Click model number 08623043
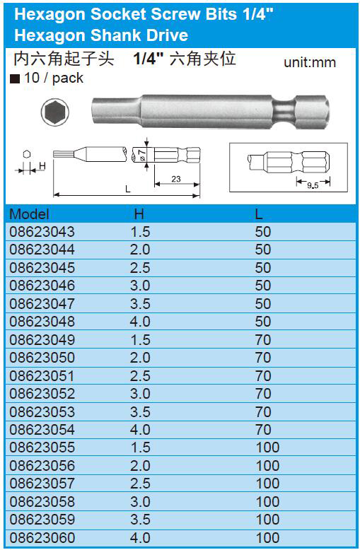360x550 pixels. pyautogui.click(x=42, y=231)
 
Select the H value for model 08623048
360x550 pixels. pyautogui.click(x=140, y=321)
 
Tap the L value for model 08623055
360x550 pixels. pyautogui.click(x=267, y=447)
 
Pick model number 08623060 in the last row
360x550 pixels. pyautogui.click(x=42, y=537)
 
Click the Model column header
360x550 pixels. pyautogui.click(x=29, y=214)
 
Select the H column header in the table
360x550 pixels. pyautogui.click(x=139, y=214)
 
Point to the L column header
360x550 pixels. pyautogui.click(x=259, y=214)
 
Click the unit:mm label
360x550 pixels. pyautogui.click(x=310, y=62)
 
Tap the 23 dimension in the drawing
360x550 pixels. pyautogui.click(x=176, y=179)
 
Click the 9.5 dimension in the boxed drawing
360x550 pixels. pyautogui.click(x=313, y=185)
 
